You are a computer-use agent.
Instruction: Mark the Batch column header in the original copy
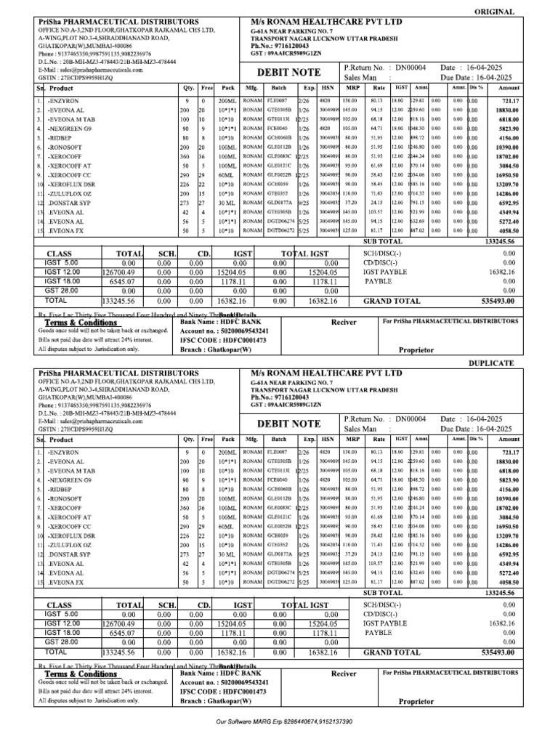click(279, 89)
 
